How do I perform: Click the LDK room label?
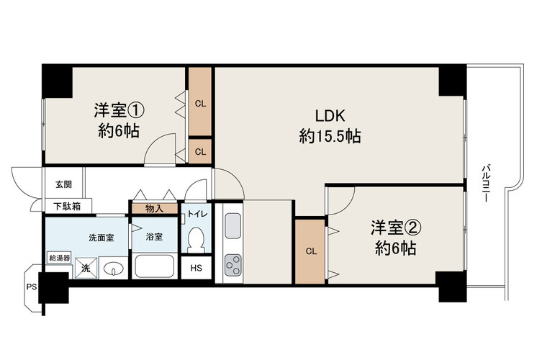coord(330,116)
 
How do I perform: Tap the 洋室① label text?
coord(119,110)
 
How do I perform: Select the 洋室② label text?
coord(396,228)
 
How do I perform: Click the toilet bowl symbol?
coord(197,240)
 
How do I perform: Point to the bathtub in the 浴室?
coord(154,266)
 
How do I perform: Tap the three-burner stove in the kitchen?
coord(233,265)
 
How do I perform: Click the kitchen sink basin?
coord(233,226)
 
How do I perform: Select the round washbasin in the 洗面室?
coord(114,268)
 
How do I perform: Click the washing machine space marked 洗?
coord(86,268)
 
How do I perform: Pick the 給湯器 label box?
coord(60,258)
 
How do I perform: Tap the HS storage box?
coord(197,268)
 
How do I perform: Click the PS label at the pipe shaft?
coord(32,287)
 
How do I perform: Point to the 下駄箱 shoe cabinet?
coord(68,207)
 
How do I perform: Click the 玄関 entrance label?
coord(63,184)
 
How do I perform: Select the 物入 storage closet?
coord(154,209)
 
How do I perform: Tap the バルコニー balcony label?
coord(487,184)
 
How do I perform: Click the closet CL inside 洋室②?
coord(311,251)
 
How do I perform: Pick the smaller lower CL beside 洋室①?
coord(200,151)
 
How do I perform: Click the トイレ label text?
coord(197,214)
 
